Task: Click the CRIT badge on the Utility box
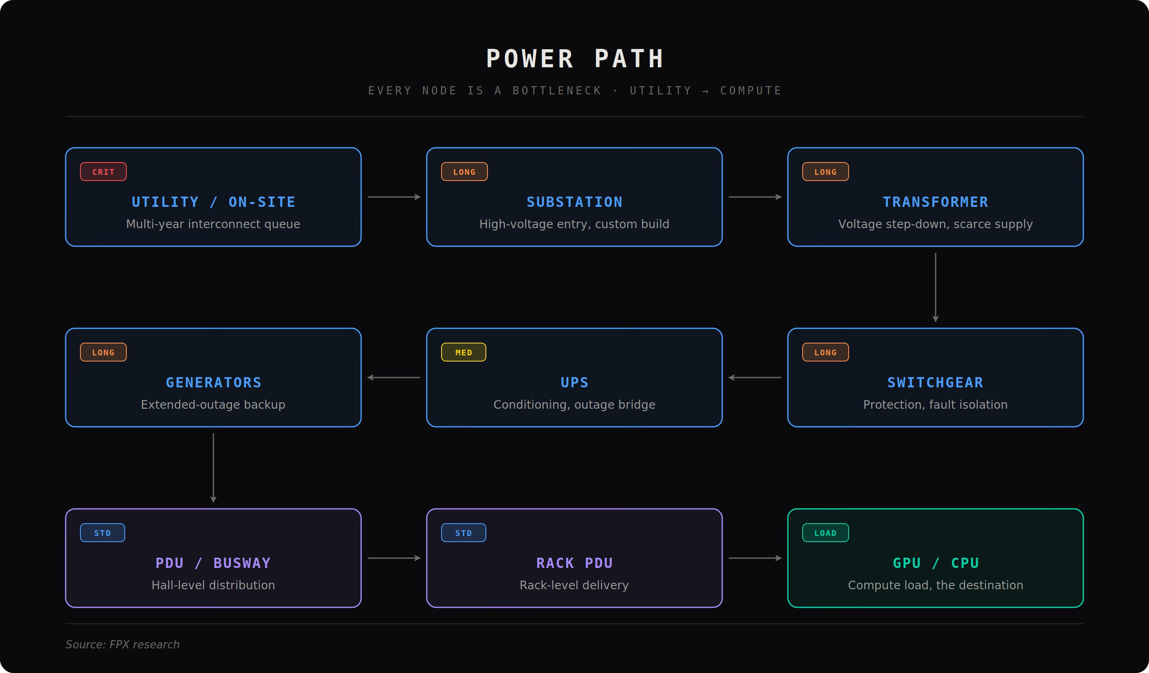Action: [x=103, y=172]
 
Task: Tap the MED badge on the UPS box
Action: [x=464, y=352]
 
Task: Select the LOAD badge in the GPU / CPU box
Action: [x=825, y=533]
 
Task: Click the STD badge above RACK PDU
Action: [x=464, y=533]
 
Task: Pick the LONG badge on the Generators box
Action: [x=103, y=352]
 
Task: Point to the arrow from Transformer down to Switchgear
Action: [x=936, y=287]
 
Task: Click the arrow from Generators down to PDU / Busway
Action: [x=213, y=468]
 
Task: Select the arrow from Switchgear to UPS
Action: [x=755, y=378]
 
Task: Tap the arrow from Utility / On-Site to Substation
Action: [x=394, y=197]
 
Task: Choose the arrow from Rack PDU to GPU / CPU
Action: [x=755, y=558]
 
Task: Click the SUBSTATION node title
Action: [x=574, y=202]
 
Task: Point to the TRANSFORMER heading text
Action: [x=936, y=202]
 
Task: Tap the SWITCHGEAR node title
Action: [x=936, y=382]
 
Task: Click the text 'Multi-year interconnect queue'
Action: [x=213, y=224]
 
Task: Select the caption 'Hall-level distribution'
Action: [x=213, y=585]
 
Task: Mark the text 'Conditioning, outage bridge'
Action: [x=574, y=405]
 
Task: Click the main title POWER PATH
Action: [x=574, y=59]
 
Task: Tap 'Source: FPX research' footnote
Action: [x=123, y=644]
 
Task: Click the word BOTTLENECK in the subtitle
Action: [x=557, y=91]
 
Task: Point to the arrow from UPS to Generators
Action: [x=394, y=378]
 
